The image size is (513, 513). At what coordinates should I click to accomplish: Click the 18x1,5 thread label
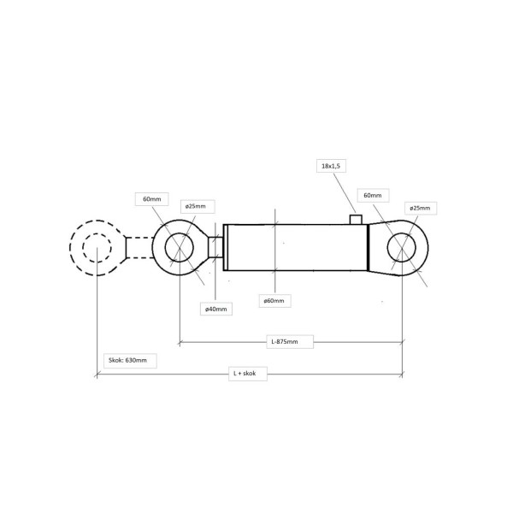331,166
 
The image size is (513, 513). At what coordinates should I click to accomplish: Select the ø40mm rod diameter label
216,309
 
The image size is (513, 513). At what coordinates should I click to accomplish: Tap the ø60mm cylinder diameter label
274,301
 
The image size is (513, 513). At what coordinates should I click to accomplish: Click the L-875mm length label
285,341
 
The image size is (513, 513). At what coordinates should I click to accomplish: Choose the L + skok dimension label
245,374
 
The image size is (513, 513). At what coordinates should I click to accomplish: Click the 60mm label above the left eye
152,199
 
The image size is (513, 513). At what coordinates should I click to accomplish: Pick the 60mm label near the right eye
373,195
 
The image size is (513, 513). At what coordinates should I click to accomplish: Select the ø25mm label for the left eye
196,206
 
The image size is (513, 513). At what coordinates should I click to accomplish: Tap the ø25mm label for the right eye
420,208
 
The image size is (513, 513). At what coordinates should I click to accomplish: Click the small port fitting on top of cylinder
356,220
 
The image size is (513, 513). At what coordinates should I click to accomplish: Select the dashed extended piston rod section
139,248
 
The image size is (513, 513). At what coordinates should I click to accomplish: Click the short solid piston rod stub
215,247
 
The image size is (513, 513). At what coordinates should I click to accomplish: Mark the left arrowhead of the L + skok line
97,374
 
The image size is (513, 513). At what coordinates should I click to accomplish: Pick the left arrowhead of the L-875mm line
180,343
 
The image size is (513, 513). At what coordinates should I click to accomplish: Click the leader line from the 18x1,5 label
345,193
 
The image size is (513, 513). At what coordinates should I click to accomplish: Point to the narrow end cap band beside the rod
226,248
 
